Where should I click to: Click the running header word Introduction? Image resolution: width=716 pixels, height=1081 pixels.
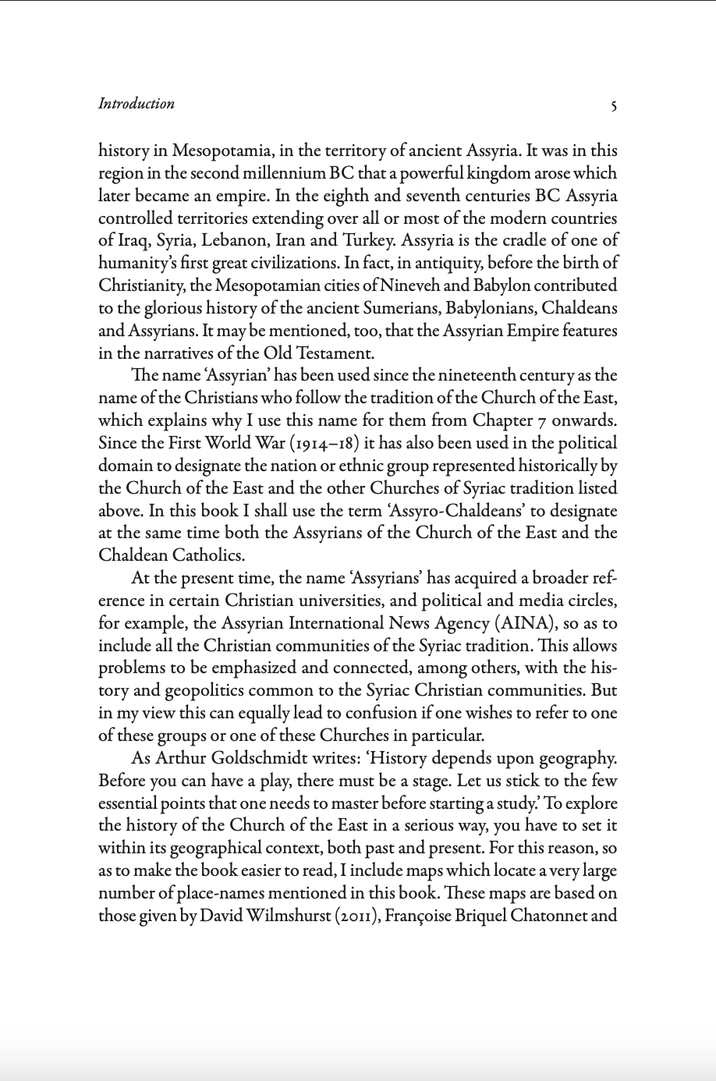click(x=136, y=104)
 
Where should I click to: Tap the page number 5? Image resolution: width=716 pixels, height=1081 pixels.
click(x=614, y=105)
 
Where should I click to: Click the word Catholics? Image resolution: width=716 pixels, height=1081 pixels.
click(x=210, y=556)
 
